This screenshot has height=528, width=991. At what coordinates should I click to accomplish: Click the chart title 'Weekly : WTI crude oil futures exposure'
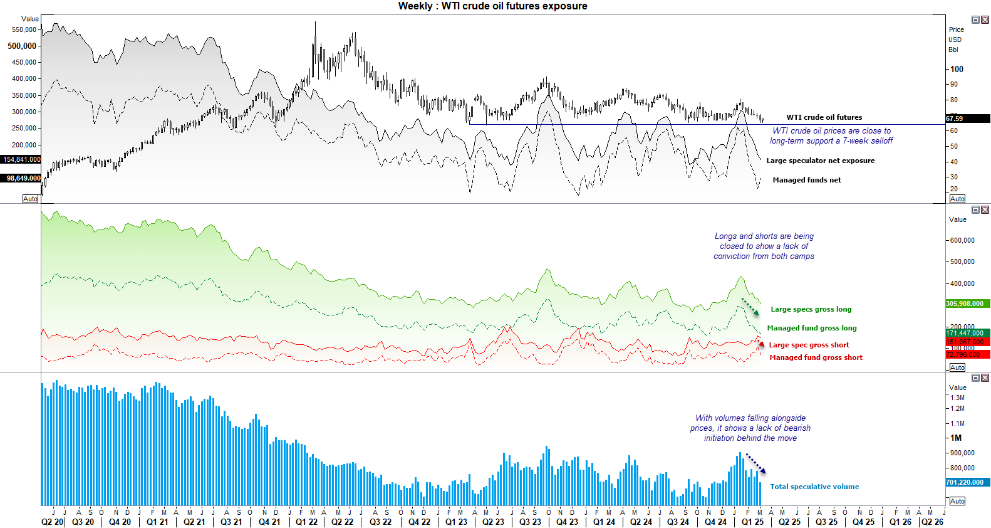(x=492, y=6)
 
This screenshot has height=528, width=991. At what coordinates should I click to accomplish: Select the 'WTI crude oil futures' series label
(x=824, y=117)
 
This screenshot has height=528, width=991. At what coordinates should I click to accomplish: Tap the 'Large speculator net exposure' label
(x=820, y=161)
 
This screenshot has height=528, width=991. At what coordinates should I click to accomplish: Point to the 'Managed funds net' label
(x=806, y=180)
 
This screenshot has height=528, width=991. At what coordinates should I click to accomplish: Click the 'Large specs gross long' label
(x=811, y=309)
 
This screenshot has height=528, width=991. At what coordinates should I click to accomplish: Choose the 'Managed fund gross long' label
(x=811, y=328)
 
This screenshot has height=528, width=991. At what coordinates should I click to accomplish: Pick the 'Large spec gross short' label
(x=809, y=345)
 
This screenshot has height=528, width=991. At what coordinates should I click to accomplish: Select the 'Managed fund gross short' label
(x=816, y=357)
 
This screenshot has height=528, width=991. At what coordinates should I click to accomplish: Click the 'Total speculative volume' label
(x=814, y=487)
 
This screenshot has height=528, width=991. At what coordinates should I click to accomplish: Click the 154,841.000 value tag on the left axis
(x=21, y=160)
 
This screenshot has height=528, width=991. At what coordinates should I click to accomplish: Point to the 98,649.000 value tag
(x=23, y=179)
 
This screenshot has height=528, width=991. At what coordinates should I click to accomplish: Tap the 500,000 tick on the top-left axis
(x=23, y=46)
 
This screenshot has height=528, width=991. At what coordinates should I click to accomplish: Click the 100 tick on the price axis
(x=957, y=70)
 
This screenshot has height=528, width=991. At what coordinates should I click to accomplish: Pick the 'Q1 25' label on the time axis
(x=752, y=522)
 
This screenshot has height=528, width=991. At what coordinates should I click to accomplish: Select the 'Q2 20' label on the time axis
(x=52, y=522)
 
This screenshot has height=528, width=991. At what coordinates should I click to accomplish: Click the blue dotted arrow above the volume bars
(x=755, y=463)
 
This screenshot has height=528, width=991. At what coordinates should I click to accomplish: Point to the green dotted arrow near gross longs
(x=750, y=307)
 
